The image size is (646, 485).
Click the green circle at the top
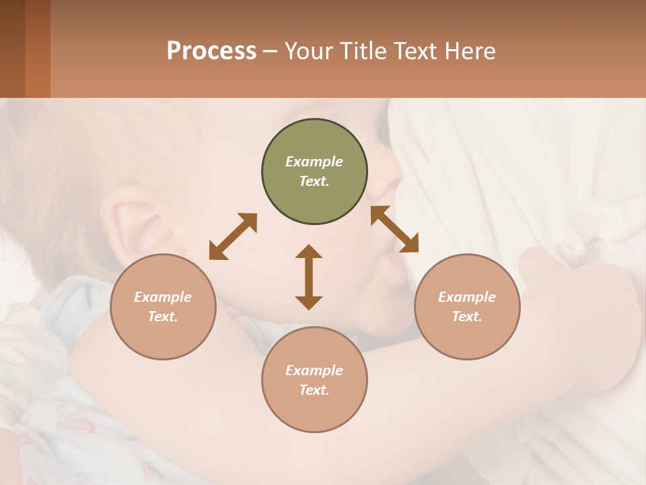point(314,172)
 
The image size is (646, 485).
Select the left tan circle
point(163,307)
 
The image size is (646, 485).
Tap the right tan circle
point(467,307)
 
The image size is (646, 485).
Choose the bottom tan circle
point(314,380)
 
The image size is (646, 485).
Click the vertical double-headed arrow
point(309,277)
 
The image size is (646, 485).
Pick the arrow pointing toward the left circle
point(233,236)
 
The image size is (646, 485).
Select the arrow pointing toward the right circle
point(394,229)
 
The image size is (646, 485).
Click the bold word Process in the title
point(211,51)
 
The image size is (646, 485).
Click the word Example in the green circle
point(314,162)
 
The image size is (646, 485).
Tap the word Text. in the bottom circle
point(314,390)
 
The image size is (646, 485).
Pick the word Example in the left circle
point(163,297)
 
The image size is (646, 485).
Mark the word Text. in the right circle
point(467,317)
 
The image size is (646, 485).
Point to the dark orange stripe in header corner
point(38,48)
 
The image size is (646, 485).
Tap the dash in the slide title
point(271,52)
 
